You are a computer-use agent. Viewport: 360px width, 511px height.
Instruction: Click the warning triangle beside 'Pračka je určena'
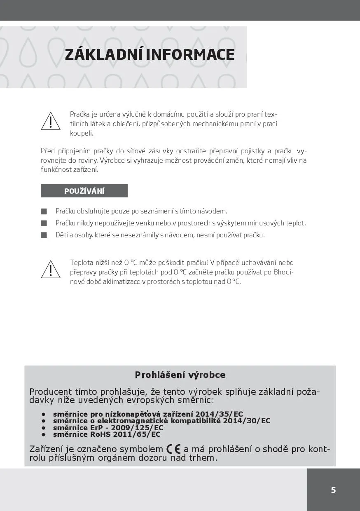click(51, 121)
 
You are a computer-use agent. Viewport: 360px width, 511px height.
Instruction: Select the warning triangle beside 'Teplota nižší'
click(51, 270)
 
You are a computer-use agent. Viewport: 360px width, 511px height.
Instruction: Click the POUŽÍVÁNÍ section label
click(84, 191)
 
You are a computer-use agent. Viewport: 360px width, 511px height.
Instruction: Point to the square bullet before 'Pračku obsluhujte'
click(44, 211)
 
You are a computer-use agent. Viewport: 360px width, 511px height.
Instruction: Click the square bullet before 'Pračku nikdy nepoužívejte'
click(44, 223)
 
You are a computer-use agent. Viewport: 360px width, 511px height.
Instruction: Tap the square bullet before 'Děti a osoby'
click(44, 235)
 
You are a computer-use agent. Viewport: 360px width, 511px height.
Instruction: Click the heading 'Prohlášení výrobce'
click(180, 375)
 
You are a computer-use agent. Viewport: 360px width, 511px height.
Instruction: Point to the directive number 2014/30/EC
click(246, 421)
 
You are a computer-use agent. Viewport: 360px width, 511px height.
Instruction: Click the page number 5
click(333, 490)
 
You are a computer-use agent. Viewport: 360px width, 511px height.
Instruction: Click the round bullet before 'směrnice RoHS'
click(43, 434)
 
